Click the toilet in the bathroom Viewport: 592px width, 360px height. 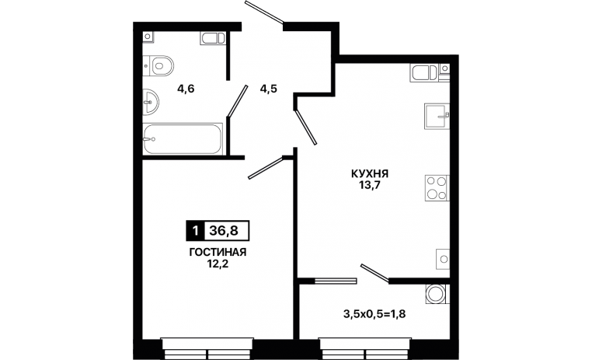pos(158,66)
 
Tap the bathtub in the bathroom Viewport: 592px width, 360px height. pos(183,139)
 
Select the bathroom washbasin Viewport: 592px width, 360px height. pos(151,102)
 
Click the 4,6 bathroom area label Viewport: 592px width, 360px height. pos(186,89)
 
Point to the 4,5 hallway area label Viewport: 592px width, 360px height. pos(269,89)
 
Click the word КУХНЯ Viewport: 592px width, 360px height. pos(370,173)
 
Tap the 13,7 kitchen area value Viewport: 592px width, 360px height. pos(370,186)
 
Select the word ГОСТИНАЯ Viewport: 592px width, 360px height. pos(218,252)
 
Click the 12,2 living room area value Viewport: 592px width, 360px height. pos(218,264)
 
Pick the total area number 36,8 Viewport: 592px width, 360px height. pos(224,230)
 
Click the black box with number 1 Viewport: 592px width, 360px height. pos(195,230)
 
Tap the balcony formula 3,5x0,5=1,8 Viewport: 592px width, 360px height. pos(374,313)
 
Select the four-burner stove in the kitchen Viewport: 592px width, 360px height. pos(437,187)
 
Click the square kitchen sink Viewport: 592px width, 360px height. pos(437,116)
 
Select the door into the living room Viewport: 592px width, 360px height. pos(266,168)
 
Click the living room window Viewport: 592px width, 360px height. pos(207,348)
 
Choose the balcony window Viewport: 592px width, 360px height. pos(365,348)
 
